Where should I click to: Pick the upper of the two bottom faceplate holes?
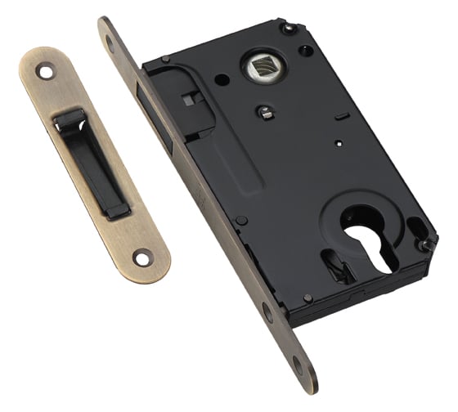coord(267,311)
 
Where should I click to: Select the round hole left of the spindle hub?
coord(222,80)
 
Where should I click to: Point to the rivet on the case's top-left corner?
coord(165,60)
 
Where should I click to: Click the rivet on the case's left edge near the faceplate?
coord(241,221)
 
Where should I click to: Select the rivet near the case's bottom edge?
coord(307,298)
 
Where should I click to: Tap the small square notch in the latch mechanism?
coord(189,101)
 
